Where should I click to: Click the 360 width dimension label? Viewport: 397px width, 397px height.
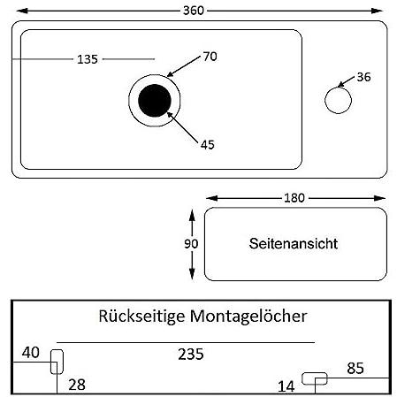[194, 11]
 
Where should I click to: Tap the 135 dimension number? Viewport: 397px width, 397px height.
[88, 59]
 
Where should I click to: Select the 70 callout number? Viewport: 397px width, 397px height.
[210, 57]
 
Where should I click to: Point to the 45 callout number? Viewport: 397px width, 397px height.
[208, 145]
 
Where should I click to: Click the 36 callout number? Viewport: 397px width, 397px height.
[363, 77]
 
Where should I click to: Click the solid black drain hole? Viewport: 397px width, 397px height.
[155, 101]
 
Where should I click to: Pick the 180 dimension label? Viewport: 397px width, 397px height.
[294, 198]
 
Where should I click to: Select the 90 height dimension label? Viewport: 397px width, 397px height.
[191, 244]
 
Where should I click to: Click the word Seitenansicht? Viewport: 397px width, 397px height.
[294, 243]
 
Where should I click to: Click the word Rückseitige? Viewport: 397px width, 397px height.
[141, 317]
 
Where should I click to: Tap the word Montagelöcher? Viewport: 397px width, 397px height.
[248, 316]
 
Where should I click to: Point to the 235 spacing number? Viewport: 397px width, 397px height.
[191, 354]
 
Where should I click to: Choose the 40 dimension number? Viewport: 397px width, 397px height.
[30, 353]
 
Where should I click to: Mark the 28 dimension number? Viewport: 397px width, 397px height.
[77, 385]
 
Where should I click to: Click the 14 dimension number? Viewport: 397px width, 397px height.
[286, 386]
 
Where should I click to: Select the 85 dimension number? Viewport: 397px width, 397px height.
[355, 368]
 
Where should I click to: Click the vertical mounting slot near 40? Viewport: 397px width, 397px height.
[51, 362]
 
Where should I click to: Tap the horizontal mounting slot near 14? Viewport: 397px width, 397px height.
[315, 373]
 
